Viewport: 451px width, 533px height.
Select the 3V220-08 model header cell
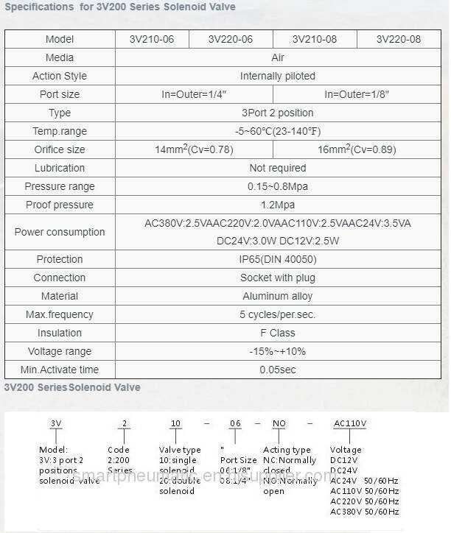398,39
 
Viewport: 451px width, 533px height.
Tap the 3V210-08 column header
315,39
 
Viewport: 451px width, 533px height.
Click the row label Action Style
60,76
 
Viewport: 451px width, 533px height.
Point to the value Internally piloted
277,76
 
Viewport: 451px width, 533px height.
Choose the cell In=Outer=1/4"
193,94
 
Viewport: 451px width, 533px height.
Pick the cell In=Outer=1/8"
357,94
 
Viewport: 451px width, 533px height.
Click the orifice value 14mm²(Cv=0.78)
194,149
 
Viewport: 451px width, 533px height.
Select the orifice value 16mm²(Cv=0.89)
357,149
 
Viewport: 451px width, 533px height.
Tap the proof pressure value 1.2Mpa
277,205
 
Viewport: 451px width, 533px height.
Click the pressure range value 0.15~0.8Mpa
277,186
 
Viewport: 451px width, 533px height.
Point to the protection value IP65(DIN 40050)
277,259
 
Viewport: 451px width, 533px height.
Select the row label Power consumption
60,232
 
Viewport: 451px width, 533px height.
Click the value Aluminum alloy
277,296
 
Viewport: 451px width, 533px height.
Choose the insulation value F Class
277,333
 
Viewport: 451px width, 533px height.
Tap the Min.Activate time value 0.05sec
277,370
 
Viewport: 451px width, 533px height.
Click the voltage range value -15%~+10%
277,351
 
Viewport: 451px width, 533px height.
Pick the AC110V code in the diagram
350,424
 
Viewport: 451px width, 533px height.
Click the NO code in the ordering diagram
278,424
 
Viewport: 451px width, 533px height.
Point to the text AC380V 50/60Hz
365,512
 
